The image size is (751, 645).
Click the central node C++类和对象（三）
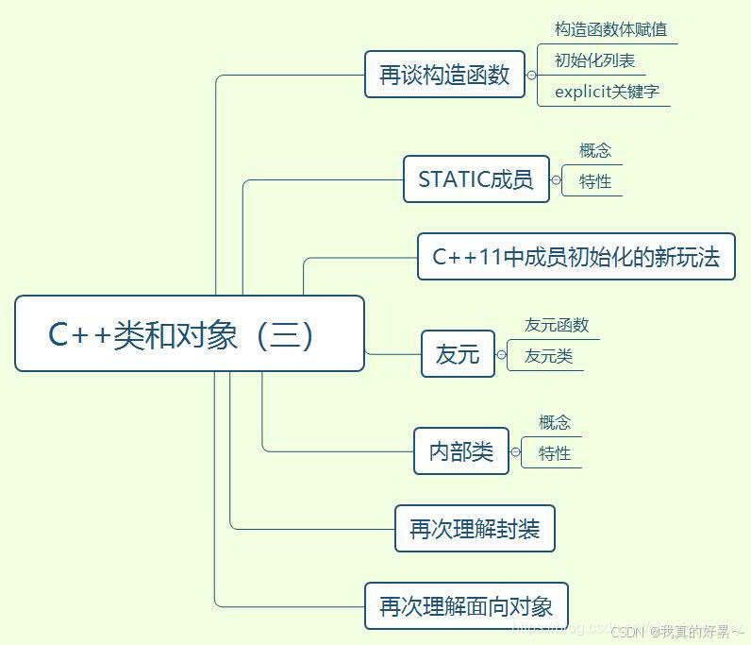[189, 334]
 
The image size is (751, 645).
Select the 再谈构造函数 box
[444, 75]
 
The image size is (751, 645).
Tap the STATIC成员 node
[476, 179]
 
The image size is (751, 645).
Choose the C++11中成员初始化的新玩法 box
[576, 256]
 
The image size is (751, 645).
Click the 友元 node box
[458, 354]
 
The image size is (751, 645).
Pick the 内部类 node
[461, 451]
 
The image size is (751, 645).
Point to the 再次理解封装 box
[475, 529]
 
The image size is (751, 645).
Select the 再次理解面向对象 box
[466, 606]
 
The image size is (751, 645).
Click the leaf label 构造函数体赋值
[610, 30]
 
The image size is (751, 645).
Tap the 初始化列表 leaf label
[594, 60]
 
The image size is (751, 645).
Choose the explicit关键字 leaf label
[607, 92]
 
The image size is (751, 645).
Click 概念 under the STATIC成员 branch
[595, 150]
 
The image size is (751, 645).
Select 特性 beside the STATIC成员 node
[595, 181]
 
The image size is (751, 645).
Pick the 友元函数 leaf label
[557, 325]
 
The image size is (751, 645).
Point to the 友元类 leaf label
[548, 356]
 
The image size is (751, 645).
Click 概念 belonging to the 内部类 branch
[555, 422]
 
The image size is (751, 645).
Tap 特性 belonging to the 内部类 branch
[555, 453]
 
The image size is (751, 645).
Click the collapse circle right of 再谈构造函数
[531, 75]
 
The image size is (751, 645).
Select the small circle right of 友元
[501, 354]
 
